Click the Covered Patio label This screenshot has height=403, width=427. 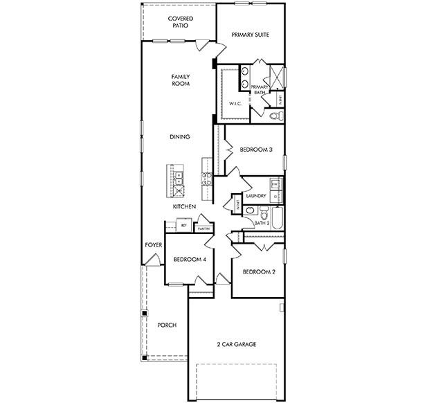point(180,22)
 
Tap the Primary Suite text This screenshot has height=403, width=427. point(250,34)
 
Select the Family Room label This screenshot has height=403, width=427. point(181,80)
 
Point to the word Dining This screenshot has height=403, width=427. point(180,137)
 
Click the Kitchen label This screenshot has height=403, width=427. point(184,207)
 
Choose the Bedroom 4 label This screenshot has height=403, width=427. point(190,260)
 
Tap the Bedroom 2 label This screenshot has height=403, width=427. point(259,272)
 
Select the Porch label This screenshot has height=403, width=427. point(167,325)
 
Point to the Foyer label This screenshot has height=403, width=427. point(152,246)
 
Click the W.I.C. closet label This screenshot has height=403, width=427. point(234,104)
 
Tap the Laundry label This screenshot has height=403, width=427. point(256,196)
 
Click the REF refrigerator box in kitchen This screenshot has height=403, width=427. point(184,226)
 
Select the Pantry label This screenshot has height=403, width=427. point(203,228)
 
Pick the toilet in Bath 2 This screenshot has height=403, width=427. point(250,211)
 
